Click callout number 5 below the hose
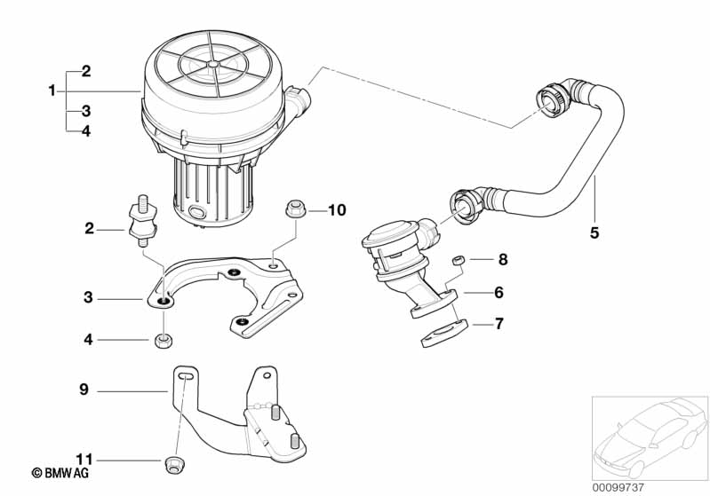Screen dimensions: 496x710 click(x=594, y=233)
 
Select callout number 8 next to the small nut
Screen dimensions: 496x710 click(x=503, y=260)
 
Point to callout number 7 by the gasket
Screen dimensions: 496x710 click(x=499, y=324)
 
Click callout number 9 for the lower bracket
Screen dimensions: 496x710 click(x=84, y=389)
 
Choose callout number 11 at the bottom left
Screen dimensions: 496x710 click(x=84, y=459)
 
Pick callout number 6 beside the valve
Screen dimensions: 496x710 click(x=499, y=292)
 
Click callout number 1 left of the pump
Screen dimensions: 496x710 click(x=52, y=91)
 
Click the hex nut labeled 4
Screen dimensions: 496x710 click(x=163, y=339)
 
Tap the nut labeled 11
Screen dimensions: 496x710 click(x=175, y=461)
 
